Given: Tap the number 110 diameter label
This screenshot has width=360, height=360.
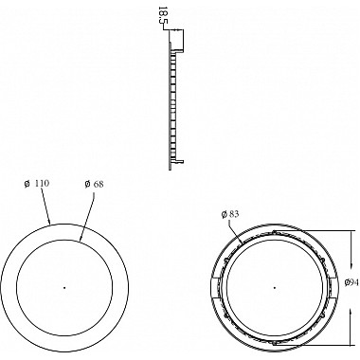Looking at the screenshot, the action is tap(42, 184).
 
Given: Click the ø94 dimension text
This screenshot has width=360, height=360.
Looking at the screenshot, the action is tap(351, 282).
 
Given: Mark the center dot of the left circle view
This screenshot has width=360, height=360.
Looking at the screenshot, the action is tap(64, 287).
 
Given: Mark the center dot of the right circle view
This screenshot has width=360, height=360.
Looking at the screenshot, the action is tap(275, 287).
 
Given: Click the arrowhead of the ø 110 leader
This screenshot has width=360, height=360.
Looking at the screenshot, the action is tap(49, 221).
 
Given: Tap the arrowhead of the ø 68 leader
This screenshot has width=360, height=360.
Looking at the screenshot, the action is tap(81, 239).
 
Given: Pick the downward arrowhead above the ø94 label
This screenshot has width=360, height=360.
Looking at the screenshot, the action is tap(351, 263).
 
